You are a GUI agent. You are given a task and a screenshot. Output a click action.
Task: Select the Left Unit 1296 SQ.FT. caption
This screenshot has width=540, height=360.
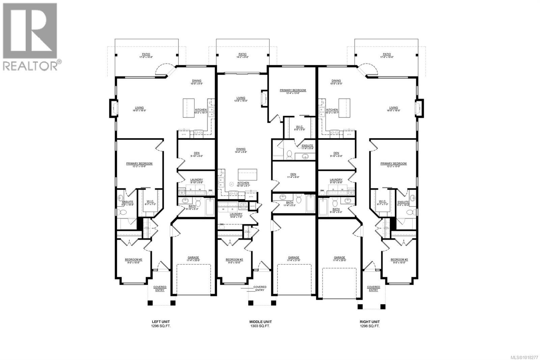coord(161,324)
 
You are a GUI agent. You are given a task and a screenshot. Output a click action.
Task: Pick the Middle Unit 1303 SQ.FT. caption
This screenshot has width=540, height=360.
coord(260,324)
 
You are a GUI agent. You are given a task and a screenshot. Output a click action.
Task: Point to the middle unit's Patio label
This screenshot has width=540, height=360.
coord(242,55)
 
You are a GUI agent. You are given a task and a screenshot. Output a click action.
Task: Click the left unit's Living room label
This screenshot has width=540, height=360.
coord(139,109)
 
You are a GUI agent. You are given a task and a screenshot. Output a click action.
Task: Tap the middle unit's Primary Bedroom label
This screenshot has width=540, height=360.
coord(293,92)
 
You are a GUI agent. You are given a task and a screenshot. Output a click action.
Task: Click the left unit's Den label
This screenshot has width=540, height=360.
coord(196,154)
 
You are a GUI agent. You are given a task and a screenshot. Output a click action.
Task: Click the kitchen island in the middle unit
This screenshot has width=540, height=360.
coord(247,175)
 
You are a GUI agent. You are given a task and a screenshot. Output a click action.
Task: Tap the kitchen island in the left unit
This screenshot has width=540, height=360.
coord(189,108)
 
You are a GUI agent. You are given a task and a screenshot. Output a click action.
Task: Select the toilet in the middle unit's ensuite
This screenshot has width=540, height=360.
coord(289,155)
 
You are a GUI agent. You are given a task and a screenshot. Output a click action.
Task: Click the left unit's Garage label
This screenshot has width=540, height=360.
coord(193,259)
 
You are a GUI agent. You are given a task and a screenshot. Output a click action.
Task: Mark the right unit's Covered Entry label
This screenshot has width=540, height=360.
coord(373,288)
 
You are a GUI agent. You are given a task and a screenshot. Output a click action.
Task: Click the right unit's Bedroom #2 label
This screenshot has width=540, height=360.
coord(399,261)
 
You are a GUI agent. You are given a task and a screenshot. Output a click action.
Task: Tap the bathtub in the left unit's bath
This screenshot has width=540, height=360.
coord(210,207)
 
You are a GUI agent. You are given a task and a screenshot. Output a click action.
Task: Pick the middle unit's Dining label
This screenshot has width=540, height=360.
coord(241,150)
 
